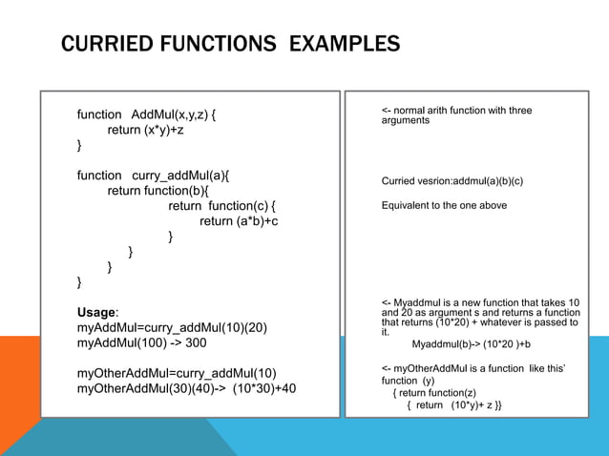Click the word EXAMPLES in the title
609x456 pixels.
(345, 44)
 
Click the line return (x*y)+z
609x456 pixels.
(145, 131)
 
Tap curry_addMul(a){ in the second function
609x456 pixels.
(180, 176)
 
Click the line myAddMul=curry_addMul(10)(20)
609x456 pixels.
(172, 327)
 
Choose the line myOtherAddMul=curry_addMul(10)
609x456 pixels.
(177, 373)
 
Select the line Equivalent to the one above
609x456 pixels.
(444, 205)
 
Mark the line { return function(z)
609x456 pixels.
(434, 392)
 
